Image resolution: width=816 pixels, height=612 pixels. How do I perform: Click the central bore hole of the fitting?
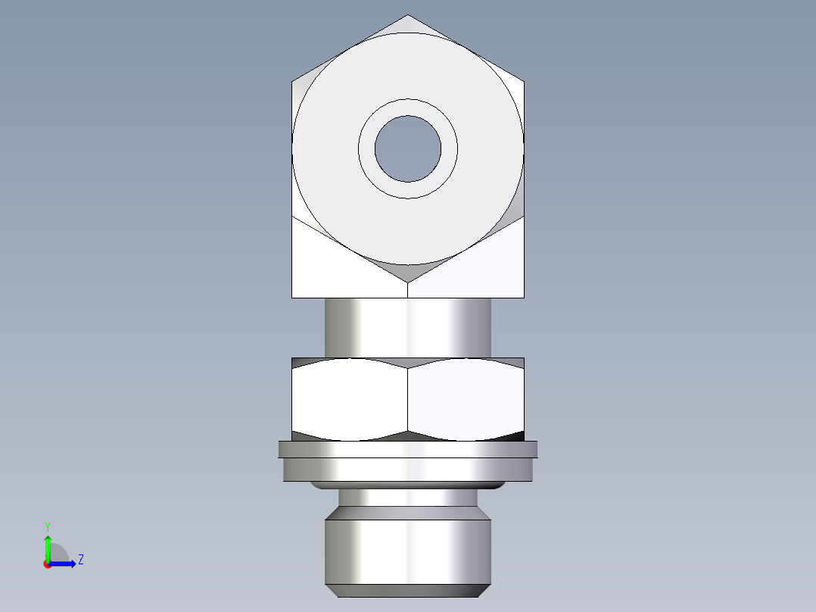click(x=408, y=148)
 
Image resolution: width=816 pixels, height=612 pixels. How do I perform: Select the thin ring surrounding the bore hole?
click(x=408, y=107)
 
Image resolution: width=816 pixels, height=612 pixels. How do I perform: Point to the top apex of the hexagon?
click(x=408, y=16)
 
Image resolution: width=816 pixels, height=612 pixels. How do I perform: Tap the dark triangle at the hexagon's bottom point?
click(x=408, y=272)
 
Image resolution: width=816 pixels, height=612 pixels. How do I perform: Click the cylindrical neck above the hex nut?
click(x=408, y=327)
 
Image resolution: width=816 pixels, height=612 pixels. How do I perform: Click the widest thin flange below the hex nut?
click(x=408, y=450)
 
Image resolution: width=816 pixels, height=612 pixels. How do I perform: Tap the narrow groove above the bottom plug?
click(x=408, y=498)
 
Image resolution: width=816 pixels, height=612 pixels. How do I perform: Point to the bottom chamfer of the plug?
click(x=408, y=591)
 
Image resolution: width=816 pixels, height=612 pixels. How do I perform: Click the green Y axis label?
click(x=48, y=526)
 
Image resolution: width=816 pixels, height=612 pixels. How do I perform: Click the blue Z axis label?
click(x=80, y=560)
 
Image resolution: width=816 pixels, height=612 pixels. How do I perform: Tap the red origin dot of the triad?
click(x=47, y=564)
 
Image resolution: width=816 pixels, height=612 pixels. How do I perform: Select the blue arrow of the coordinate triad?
click(x=64, y=563)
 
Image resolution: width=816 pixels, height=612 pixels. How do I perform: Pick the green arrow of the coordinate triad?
click(x=48, y=545)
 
